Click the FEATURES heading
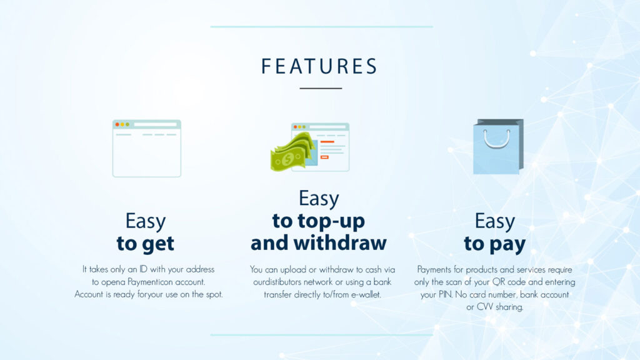[319, 66]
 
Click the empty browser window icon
[147, 149]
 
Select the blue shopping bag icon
[498, 146]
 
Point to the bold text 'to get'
[145, 244]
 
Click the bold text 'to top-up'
[318, 222]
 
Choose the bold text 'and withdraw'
[318, 243]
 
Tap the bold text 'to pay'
[495, 244]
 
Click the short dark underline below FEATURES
[321, 88]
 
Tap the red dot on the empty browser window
[117, 124]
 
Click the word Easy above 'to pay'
[495, 222]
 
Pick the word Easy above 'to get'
[145, 222]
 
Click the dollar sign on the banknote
[289, 159]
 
